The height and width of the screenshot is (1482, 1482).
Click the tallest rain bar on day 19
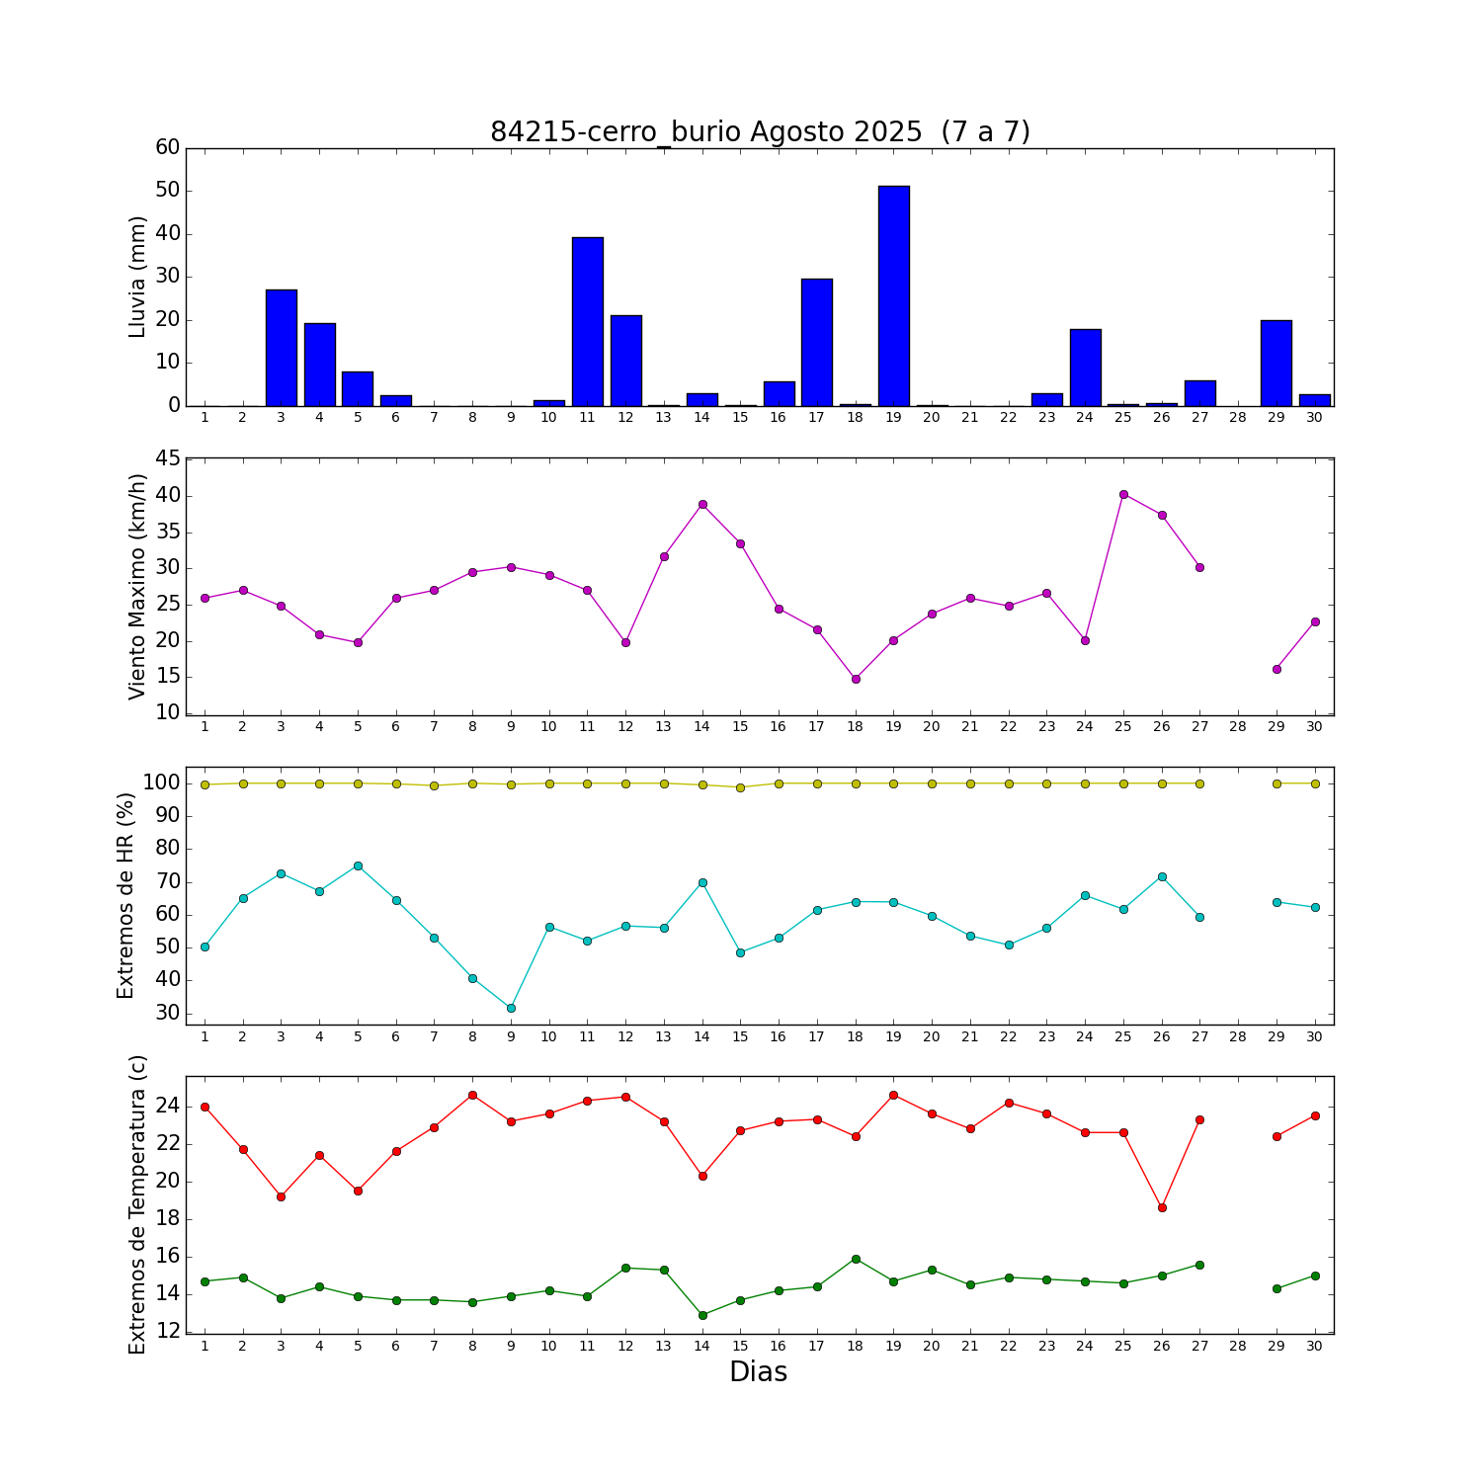[x=893, y=296]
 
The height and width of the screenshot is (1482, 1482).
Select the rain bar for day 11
[x=587, y=322]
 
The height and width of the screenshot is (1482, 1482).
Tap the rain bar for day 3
[x=281, y=348]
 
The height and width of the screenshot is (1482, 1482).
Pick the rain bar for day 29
[x=1276, y=363]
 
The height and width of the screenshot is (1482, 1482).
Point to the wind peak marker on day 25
[x=1123, y=494]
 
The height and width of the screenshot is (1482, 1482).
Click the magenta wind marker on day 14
[x=702, y=504]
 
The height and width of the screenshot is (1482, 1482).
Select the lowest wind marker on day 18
[x=856, y=679]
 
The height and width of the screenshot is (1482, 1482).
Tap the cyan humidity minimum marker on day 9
[x=511, y=1008]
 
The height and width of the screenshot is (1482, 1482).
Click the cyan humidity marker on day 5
[x=358, y=865]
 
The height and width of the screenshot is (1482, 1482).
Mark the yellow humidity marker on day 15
[x=740, y=787]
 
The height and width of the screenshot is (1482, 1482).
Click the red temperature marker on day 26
[x=1162, y=1207]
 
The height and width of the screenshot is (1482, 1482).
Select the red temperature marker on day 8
[x=472, y=1095]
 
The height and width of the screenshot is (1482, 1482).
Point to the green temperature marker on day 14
[x=702, y=1315]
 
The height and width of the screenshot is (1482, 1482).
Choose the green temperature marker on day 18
[x=856, y=1259]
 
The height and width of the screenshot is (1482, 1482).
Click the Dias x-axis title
[x=758, y=1372]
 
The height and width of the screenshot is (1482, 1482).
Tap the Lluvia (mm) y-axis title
[x=137, y=277]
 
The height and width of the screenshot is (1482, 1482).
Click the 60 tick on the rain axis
[x=168, y=147]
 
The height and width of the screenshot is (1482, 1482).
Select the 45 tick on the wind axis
[x=168, y=458]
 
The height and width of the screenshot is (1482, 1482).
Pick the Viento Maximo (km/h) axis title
[x=137, y=586]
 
